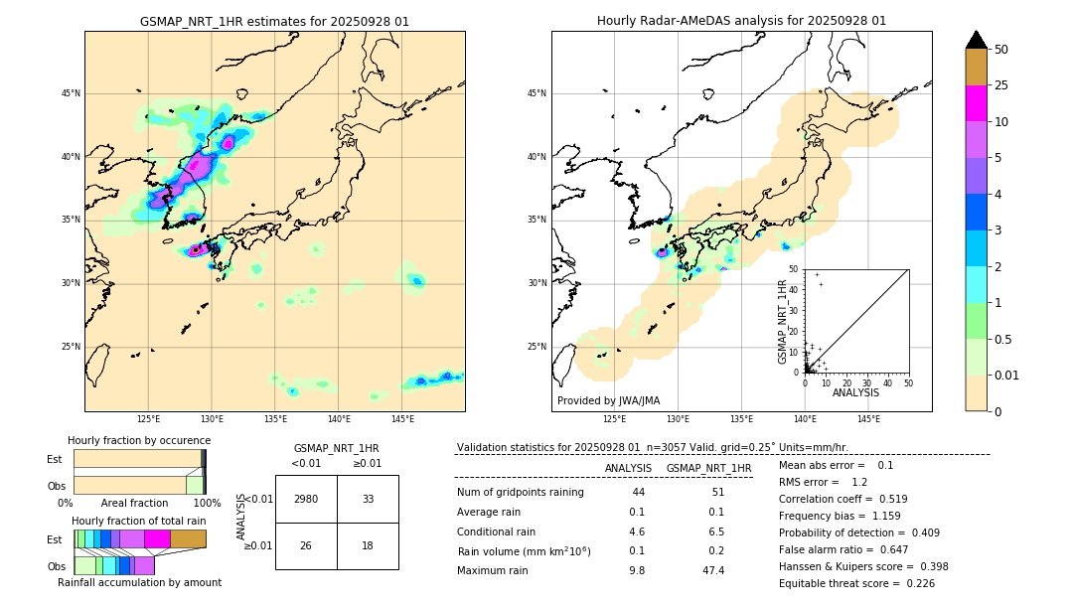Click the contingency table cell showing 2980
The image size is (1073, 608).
click(306, 499)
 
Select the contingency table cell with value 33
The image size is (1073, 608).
click(368, 499)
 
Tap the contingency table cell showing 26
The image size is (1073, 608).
click(306, 546)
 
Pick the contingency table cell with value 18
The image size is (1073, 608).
click(368, 546)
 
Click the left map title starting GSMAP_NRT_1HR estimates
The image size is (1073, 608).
click(274, 21)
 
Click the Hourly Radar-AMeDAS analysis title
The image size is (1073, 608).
click(741, 21)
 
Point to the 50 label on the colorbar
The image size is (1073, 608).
click(1001, 49)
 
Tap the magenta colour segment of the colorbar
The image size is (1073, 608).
click(976, 103)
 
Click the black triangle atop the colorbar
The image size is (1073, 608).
click(976, 40)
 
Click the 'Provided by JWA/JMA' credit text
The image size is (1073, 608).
click(608, 400)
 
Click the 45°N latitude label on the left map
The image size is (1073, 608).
click(71, 93)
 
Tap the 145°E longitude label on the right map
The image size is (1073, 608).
click(868, 419)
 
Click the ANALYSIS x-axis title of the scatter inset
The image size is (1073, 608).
click(855, 392)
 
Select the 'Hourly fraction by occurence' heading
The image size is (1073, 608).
click(139, 440)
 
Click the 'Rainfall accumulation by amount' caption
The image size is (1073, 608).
click(139, 582)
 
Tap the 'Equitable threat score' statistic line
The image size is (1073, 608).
click(856, 583)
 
